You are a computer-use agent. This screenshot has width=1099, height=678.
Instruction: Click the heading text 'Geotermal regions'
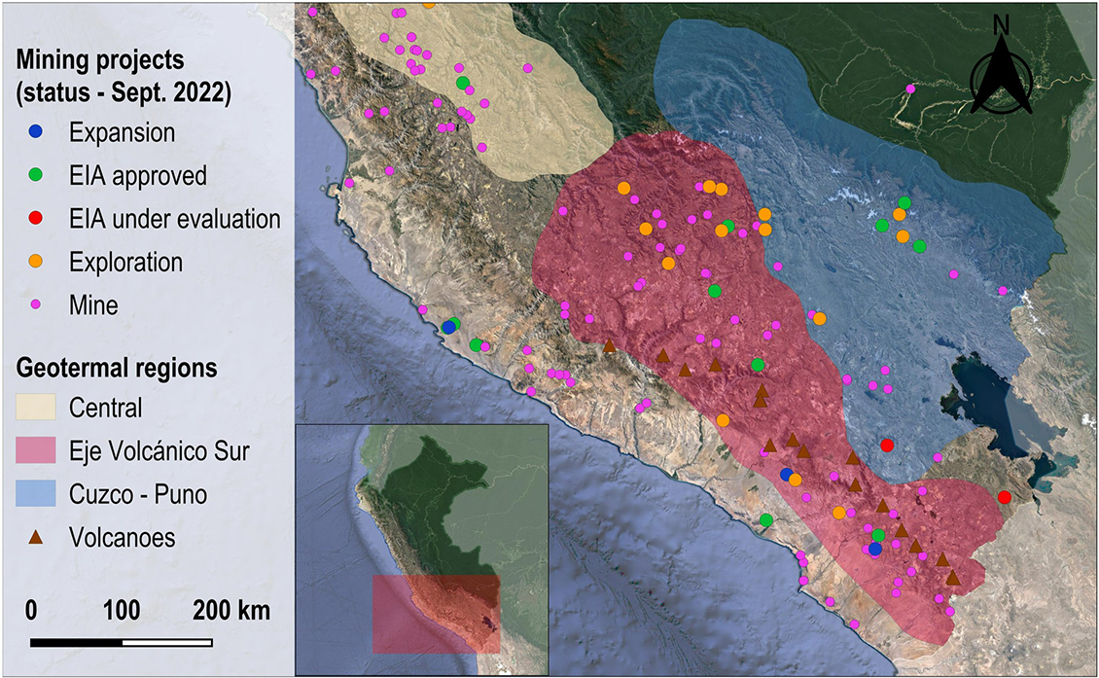116,370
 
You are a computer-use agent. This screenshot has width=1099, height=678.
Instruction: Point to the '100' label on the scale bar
122,612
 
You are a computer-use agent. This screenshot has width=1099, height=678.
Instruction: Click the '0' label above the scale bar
31,612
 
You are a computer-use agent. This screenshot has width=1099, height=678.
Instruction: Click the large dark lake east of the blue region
982,389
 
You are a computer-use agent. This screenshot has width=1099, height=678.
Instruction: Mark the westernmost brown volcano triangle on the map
609,346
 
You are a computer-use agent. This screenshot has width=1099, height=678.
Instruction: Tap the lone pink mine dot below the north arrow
910,89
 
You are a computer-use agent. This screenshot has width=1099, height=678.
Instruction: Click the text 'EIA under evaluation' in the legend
175,219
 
